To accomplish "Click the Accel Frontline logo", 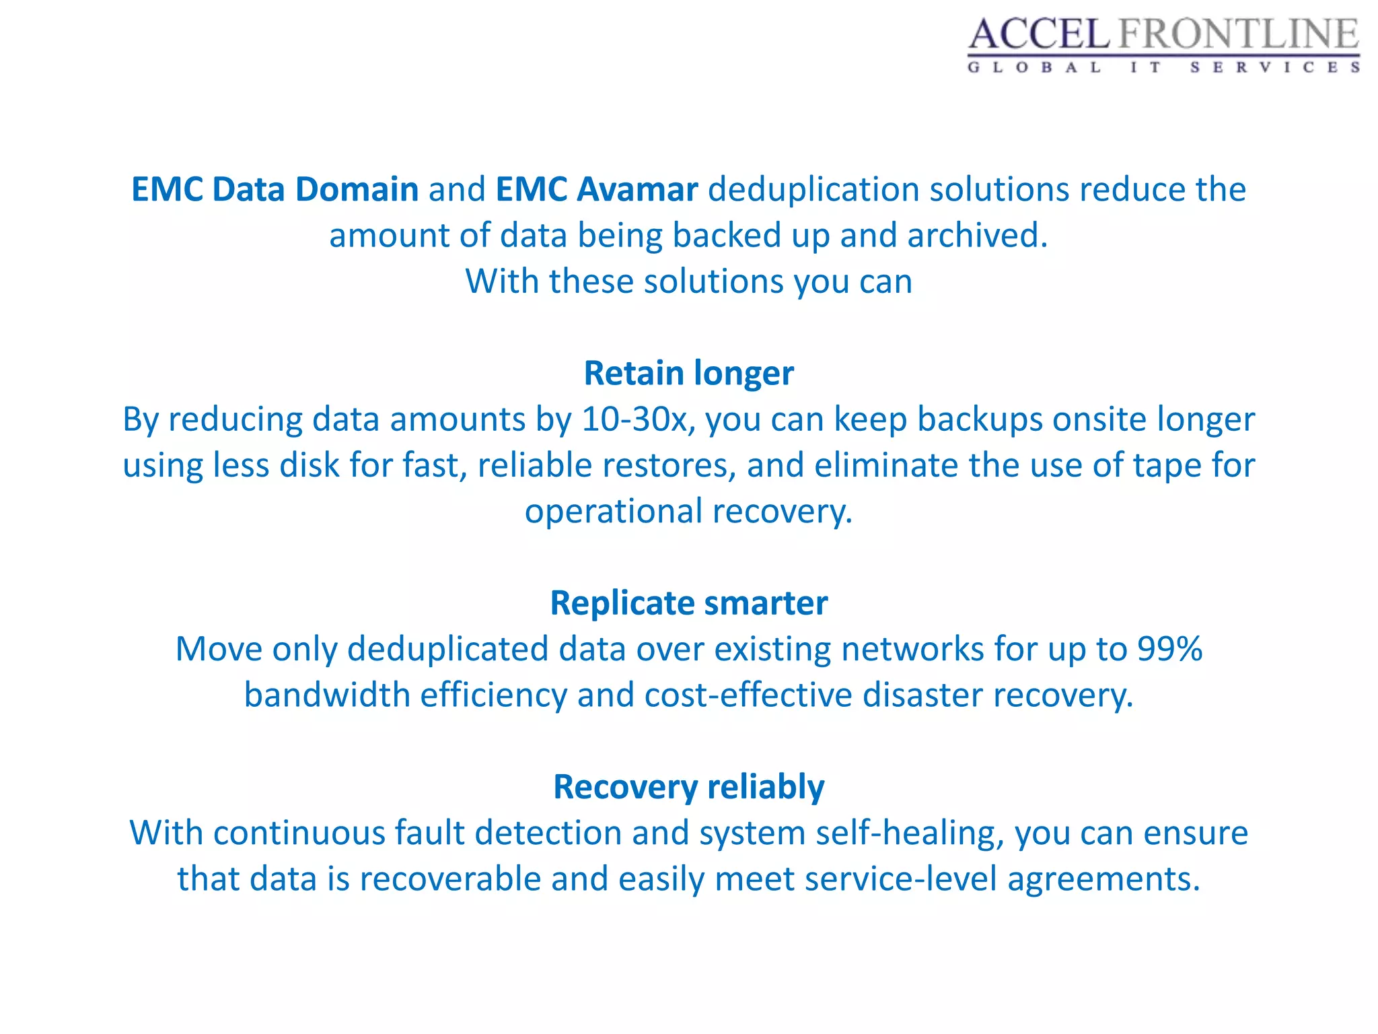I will click(1163, 44).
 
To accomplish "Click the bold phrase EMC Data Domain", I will click(275, 189).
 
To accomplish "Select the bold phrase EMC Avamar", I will click(596, 189).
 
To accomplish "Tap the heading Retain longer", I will click(688, 373).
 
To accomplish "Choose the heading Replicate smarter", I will click(688, 602).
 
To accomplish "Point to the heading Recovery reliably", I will click(688, 786).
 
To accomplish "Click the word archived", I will click(976, 236).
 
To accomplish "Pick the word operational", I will click(614, 511).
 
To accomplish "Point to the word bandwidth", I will click(327, 695).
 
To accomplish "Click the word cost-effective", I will click(748, 695).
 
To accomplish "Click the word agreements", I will click(1103, 878).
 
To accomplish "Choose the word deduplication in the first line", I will click(813, 189).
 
